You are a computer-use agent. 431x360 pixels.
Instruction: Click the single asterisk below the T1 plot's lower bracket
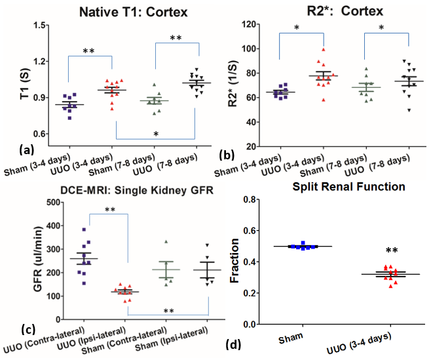(x=155, y=133)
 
